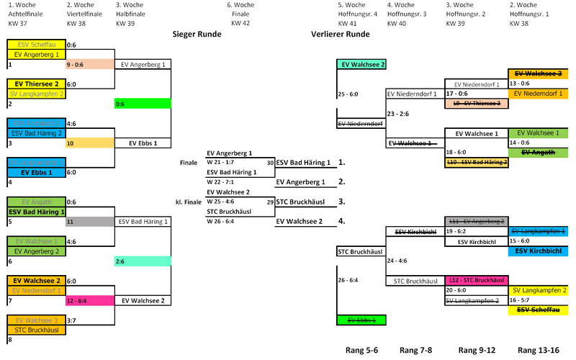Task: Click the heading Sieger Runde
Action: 197,34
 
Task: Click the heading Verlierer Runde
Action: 340,34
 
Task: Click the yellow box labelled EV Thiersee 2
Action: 35,84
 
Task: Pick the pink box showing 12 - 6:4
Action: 89,300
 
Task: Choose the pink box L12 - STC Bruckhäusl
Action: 476,279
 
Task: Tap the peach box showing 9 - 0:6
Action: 89,64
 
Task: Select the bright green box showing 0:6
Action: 142,104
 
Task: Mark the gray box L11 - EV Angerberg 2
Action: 476,221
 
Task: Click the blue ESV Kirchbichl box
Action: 539,251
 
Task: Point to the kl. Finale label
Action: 188,202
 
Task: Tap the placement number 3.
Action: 342,202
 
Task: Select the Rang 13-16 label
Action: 539,351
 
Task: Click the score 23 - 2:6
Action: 397,113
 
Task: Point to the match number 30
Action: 269,163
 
